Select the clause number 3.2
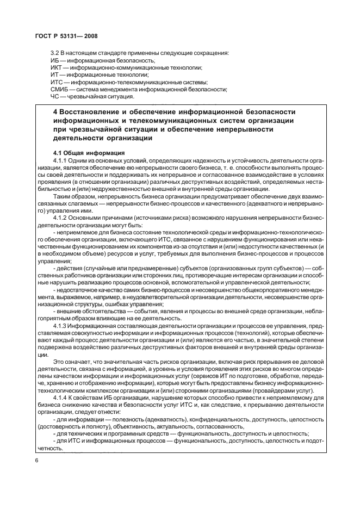tap(55, 53)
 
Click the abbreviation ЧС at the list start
tap(55, 97)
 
